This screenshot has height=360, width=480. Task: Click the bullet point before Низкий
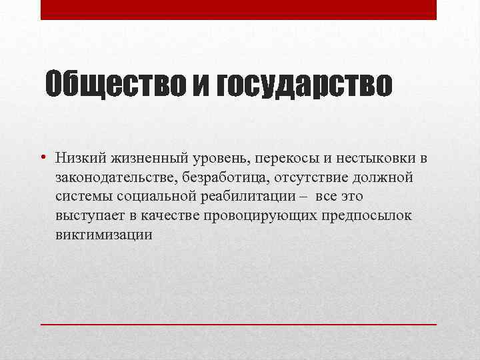42,158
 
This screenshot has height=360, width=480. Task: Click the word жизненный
149,158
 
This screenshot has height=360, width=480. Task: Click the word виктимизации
104,235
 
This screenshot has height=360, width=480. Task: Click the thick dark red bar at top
239,9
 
